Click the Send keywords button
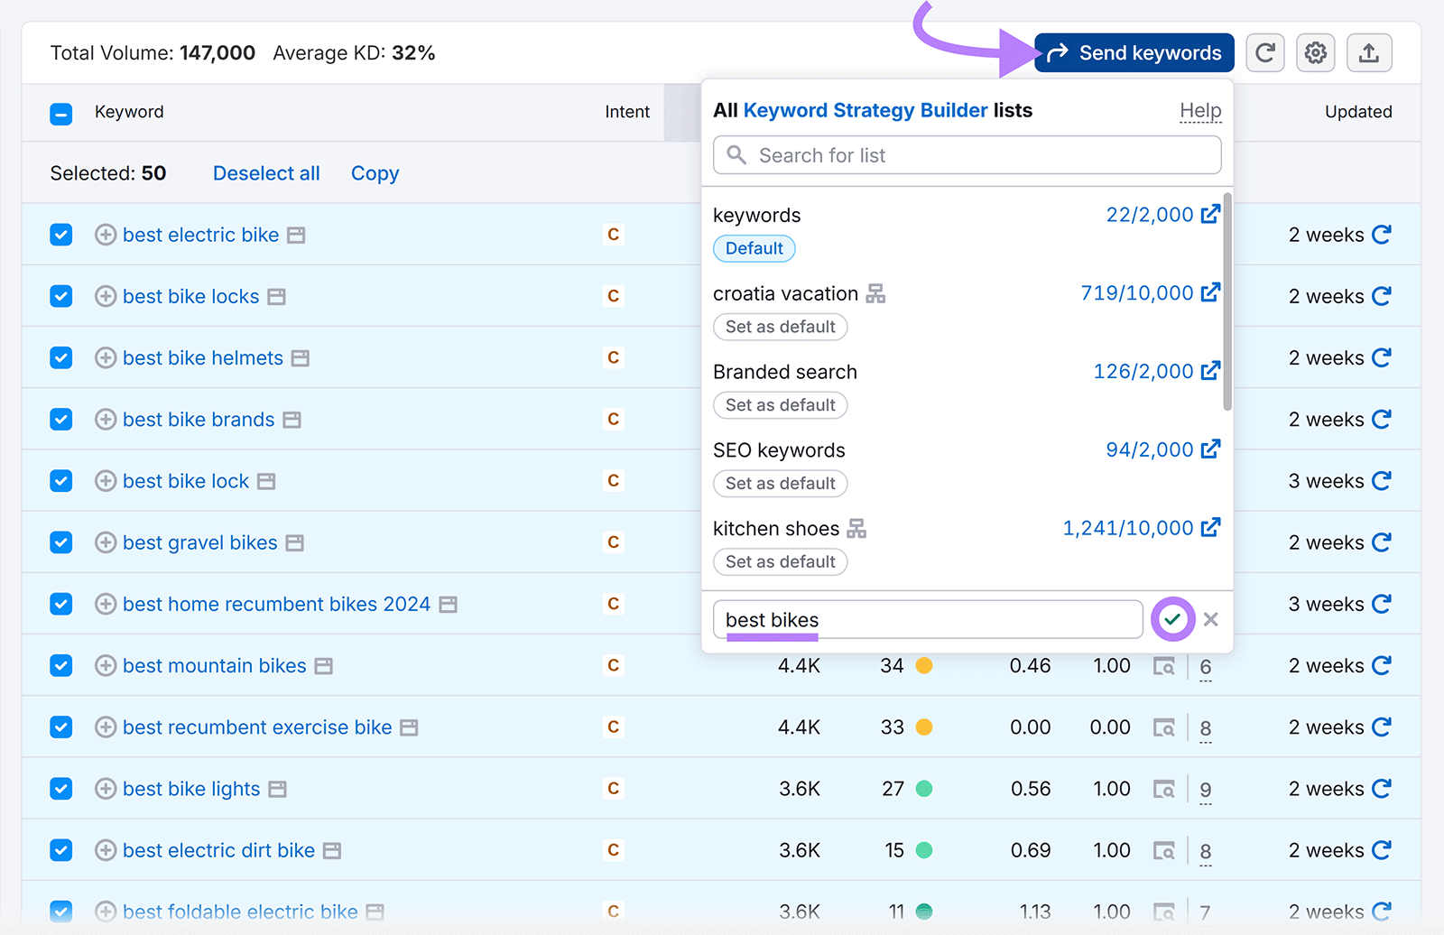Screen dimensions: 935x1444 pyautogui.click(x=1134, y=53)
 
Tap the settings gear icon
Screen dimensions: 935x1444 pyautogui.click(x=1316, y=53)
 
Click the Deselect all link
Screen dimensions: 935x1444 pyautogui.click(x=266, y=173)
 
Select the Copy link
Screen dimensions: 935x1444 pyautogui.click(x=375, y=173)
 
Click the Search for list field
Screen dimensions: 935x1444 pyautogui.click(x=967, y=155)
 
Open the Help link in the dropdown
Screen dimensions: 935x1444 pyautogui.click(x=1200, y=111)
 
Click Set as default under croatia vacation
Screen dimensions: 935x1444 pyautogui.click(x=781, y=327)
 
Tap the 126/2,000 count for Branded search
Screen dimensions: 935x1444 pyautogui.click(x=1143, y=372)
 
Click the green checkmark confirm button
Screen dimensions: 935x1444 pyautogui.click(x=1172, y=619)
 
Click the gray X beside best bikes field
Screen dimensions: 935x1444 pyautogui.click(x=1211, y=619)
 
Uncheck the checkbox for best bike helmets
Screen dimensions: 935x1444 pyautogui.click(x=61, y=358)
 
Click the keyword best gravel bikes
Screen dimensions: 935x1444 pyautogui.click(x=200, y=542)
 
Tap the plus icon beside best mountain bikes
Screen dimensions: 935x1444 pyautogui.click(x=106, y=666)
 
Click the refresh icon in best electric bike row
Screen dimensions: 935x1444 pyautogui.click(x=1381, y=235)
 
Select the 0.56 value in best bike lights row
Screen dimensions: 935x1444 pyautogui.click(x=1031, y=789)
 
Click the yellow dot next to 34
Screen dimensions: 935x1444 pyautogui.click(x=924, y=666)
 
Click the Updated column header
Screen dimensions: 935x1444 pyautogui.click(x=1358, y=112)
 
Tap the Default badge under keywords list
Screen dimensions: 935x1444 pyautogui.click(x=754, y=248)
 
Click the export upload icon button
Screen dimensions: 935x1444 pyautogui.click(x=1369, y=53)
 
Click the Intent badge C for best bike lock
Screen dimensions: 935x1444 pyautogui.click(x=614, y=481)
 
